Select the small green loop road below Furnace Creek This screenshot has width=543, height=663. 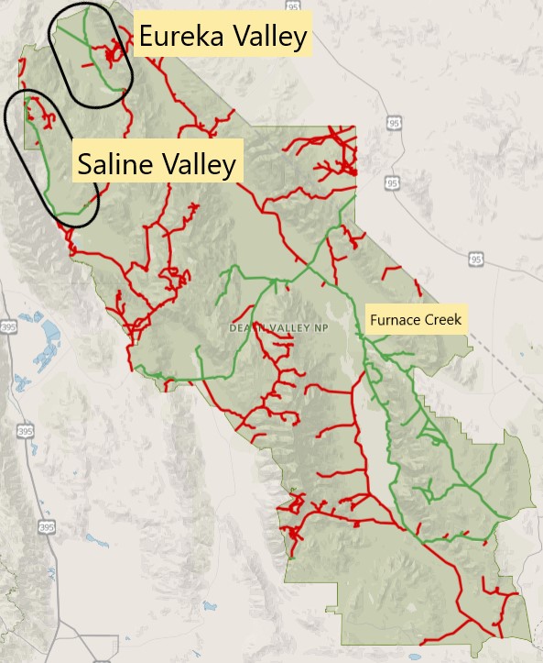[375, 371]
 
